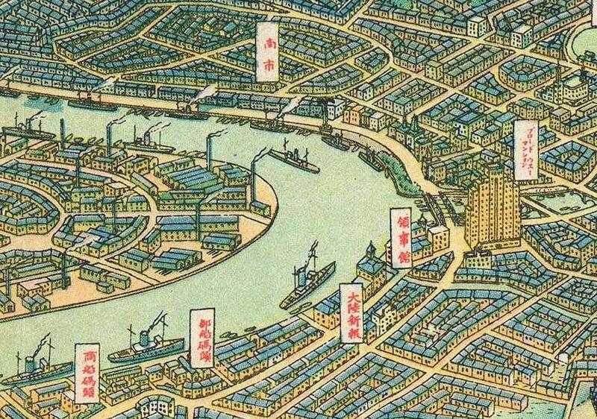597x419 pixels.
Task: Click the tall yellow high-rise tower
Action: (493, 209)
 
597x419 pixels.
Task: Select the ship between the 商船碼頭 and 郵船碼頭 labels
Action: (146, 348)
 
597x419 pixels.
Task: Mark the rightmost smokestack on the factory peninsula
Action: (254, 179)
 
